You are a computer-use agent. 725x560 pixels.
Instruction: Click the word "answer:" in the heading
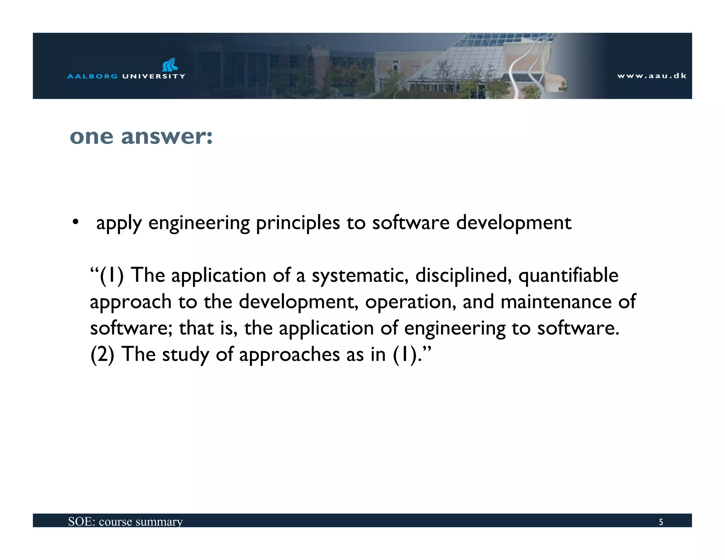[x=167, y=137]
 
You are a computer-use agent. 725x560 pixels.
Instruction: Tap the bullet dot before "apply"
[x=75, y=222]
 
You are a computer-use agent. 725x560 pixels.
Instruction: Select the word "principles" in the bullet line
[x=298, y=223]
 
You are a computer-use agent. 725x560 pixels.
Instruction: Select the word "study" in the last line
[x=185, y=355]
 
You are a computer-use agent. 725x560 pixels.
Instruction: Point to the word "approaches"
[x=290, y=355]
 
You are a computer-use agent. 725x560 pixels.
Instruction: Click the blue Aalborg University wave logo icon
[x=170, y=65]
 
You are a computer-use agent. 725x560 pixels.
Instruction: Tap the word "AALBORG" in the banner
[x=92, y=76]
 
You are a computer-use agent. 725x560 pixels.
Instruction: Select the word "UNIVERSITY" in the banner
[x=154, y=76]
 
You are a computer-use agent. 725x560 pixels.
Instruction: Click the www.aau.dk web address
[x=652, y=76]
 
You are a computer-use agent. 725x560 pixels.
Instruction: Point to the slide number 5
[x=661, y=522]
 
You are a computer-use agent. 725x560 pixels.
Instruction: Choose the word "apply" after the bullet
[x=119, y=223]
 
